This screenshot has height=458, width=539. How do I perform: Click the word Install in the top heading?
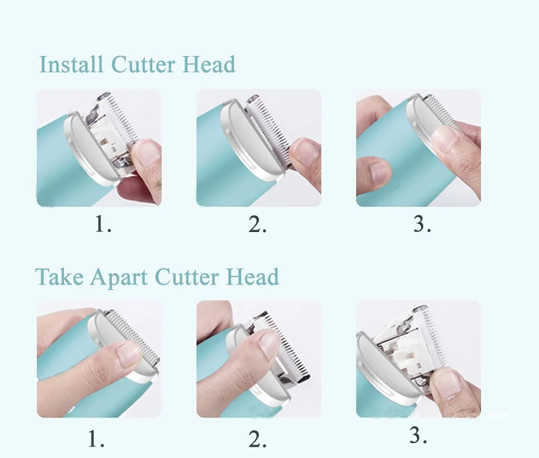[71, 64]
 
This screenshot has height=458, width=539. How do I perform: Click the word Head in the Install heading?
[209, 64]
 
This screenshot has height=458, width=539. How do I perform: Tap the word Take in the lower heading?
[59, 277]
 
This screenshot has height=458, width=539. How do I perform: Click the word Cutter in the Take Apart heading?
[187, 277]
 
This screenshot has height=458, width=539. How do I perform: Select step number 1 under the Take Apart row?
[96, 438]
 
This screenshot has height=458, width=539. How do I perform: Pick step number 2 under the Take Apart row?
[257, 439]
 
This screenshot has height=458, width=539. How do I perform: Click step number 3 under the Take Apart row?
[418, 435]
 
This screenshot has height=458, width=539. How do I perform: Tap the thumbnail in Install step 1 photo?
[147, 153]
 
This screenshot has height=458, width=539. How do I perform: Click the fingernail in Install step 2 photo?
[305, 151]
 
